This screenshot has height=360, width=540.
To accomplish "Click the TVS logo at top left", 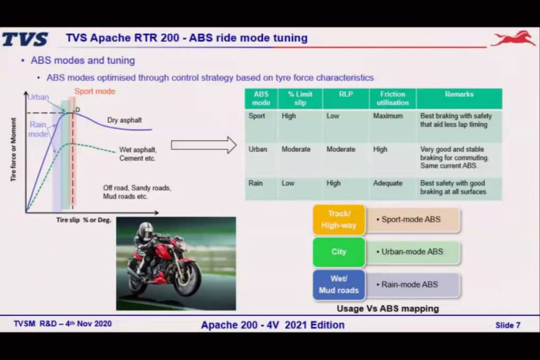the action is click(25, 39).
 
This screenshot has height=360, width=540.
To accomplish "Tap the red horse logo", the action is click(513, 38).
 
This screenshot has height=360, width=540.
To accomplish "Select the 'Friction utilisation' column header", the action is click(393, 98).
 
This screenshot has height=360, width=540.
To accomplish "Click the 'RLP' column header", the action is click(345, 94).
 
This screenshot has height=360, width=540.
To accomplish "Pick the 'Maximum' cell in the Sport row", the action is click(388, 116).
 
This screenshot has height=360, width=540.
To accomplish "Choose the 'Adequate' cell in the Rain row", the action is click(388, 183).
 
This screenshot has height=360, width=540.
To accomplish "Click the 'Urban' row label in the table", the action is click(258, 149).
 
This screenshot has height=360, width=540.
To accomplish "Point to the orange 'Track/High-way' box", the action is click(339, 219).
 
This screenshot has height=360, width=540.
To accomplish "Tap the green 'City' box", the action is click(339, 252).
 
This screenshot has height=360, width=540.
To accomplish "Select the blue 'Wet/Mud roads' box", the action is click(339, 285).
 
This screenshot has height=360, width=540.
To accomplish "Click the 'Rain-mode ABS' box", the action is click(413, 285).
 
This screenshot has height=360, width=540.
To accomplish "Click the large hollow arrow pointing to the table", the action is click(204, 145).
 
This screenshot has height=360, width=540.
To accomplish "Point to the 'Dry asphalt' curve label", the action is click(124, 120).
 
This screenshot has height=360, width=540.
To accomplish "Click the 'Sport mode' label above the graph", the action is click(95, 91).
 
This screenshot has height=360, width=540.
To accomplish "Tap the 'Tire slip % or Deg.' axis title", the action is click(84, 220).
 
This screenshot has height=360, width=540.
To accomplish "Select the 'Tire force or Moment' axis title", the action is click(13, 149).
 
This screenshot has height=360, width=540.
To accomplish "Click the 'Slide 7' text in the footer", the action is click(507, 325).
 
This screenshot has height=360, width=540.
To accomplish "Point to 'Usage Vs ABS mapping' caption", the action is click(388, 309).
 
